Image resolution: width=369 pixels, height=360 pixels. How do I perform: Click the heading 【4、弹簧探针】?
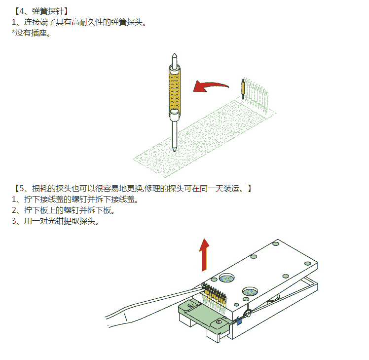tap(41, 11)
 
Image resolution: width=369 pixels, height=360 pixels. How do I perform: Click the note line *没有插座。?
tap(31, 33)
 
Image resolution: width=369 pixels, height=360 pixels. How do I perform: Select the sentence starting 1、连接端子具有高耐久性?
tap(79, 22)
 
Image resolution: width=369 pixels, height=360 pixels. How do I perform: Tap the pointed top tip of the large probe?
tap(174, 54)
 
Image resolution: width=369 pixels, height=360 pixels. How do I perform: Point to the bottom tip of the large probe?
tap(174, 150)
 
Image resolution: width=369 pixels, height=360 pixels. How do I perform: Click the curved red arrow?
tap(210, 86)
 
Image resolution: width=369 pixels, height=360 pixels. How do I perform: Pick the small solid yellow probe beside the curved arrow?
tap(243, 89)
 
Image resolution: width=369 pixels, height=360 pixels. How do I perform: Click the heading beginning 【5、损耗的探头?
tap(132, 189)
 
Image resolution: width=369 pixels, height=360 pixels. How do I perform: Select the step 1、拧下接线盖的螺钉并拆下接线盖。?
tap(75, 200)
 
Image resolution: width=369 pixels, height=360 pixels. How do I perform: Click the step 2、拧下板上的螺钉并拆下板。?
tap(63, 210)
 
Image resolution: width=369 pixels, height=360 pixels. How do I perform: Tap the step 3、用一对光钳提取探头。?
tap(55, 221)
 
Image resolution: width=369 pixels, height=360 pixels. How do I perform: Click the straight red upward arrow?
tap(204, 255)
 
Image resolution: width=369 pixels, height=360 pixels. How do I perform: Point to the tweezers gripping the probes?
tap(153, 304)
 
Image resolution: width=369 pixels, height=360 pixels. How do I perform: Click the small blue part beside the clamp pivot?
tap(239, 320)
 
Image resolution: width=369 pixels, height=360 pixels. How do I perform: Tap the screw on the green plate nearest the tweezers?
tap(190, 306)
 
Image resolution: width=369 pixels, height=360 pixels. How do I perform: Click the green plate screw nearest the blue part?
tap(220, 322)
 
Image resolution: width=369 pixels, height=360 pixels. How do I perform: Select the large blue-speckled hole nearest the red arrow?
tap(227, 278)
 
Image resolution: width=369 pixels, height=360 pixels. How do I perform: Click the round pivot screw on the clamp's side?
tap(247, 314)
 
